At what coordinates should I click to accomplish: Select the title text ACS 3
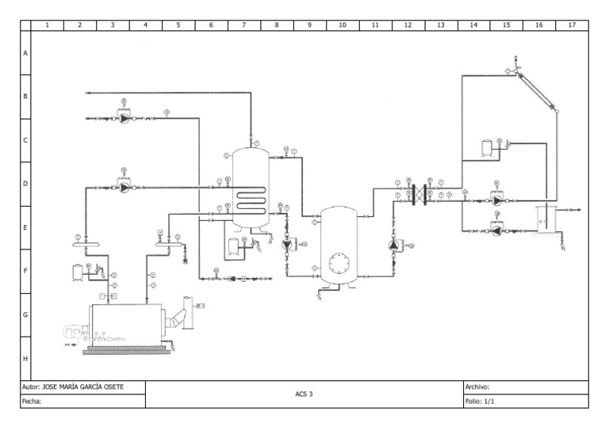304,394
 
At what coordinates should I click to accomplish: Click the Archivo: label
477,387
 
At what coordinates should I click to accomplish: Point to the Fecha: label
30,401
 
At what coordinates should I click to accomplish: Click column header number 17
571,25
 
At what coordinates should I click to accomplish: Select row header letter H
25,358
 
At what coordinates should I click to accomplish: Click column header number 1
47,25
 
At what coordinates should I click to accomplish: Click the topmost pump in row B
124,119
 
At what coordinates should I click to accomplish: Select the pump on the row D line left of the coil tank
124,188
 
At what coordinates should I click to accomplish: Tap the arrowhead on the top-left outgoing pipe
89,93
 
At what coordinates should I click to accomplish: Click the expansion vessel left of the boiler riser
77,271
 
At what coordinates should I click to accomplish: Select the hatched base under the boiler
128,350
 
